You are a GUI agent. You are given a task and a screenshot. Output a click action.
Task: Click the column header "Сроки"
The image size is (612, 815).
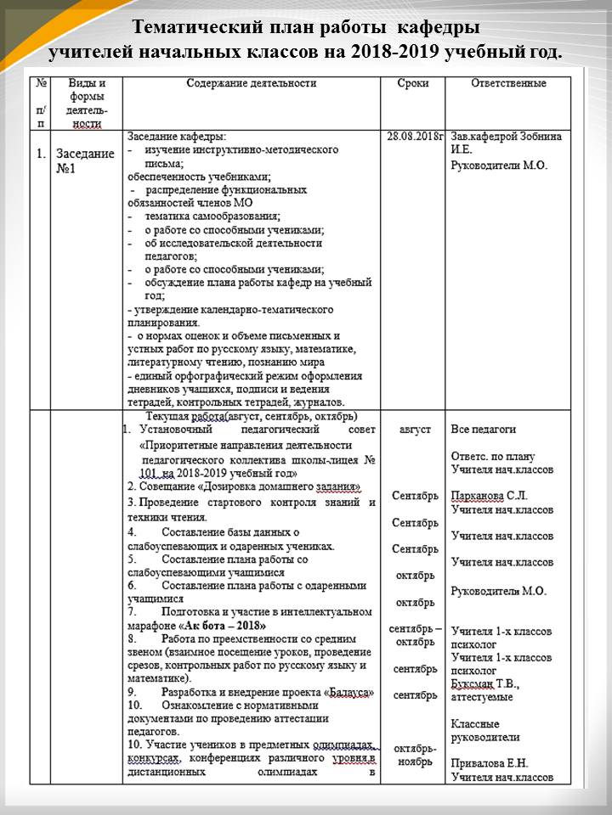coord(413,84)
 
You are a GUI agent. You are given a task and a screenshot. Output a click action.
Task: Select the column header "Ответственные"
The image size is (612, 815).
coord(508,84)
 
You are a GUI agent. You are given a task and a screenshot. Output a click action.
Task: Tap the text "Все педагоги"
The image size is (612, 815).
coord(483,430)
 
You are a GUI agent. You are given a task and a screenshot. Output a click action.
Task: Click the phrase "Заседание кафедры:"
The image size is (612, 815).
coord(177,136)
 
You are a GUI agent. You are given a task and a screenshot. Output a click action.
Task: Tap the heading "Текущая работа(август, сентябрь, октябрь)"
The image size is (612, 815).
coord(252,416)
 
